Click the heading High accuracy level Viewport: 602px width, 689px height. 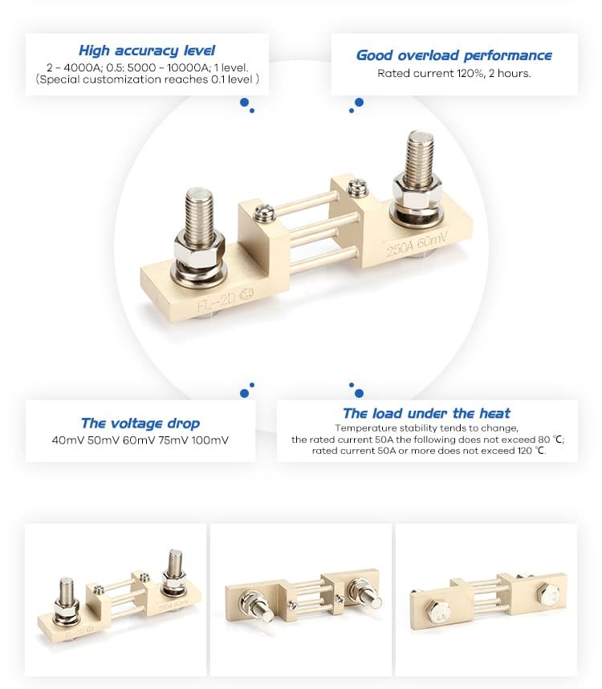[147, 51]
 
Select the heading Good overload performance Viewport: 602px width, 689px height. [454, 55]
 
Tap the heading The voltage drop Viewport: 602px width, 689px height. [140, 424]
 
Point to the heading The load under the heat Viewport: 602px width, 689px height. [426, 414]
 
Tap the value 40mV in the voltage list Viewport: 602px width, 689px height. [67, 440]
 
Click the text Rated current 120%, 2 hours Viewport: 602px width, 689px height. [454, 73]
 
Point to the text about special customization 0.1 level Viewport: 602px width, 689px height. [147, 79]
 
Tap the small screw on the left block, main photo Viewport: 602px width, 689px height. [264, 213]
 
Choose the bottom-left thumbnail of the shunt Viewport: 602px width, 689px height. [116, 599]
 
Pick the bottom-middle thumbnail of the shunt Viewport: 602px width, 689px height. [301, 599]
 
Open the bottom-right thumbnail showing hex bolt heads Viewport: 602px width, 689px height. [486, 599]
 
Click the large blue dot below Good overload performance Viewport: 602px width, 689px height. [359, 102]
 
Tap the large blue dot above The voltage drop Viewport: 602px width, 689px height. [244, 393]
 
